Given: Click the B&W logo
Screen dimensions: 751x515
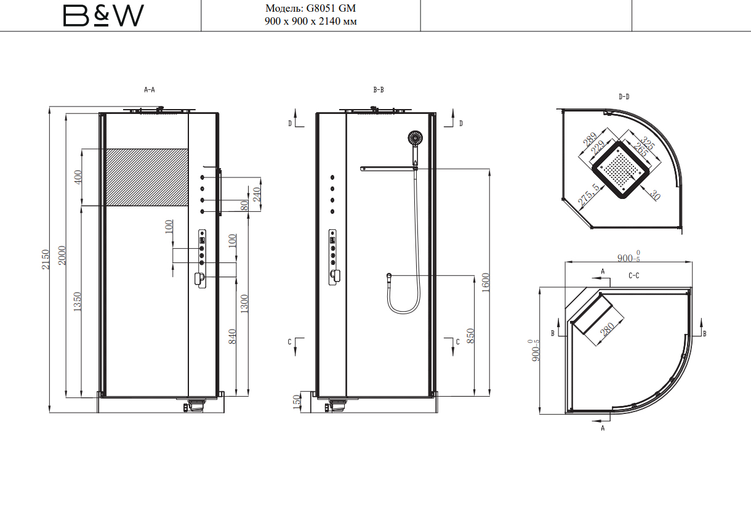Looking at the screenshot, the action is (103, 15).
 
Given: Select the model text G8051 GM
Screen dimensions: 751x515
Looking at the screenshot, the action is (331, 8).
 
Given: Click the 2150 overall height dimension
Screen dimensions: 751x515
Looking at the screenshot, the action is (46, 259).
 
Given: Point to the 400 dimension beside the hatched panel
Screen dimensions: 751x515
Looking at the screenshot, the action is (78, 177).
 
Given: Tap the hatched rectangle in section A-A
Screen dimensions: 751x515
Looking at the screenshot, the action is (147, 177).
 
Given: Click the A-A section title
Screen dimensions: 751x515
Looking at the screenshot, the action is (150, 89).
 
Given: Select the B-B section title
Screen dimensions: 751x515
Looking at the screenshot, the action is (379, 89).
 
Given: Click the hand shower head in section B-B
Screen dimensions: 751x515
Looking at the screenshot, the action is (415, 138).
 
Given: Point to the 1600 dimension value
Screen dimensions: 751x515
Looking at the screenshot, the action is (486, 283).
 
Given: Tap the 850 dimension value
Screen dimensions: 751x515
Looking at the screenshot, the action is (470, 336).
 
